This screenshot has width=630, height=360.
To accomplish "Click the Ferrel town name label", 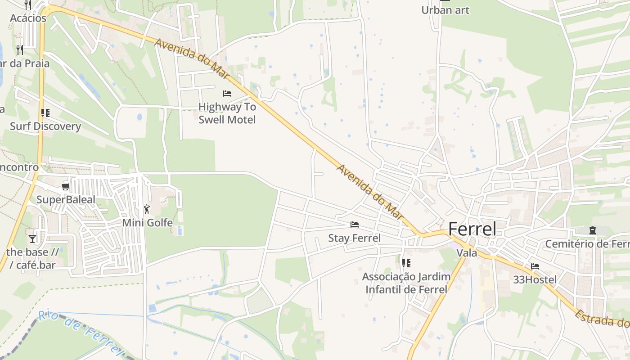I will [472, 229].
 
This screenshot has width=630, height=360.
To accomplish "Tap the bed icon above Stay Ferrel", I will [355, 224].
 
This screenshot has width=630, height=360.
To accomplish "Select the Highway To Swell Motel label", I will [227, 113].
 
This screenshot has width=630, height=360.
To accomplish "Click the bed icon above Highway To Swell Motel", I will [227, 94].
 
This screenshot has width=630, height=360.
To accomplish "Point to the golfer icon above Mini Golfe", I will [147, 209].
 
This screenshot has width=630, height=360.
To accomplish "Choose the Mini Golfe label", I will [148, 222].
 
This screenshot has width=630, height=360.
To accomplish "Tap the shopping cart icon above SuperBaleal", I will [66, 186].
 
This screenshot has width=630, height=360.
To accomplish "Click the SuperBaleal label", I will [66, 199].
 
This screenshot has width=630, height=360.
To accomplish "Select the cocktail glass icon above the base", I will [32, 238].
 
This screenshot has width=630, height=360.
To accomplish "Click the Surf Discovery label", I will [45, 126].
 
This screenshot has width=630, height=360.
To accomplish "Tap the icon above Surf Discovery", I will [45, 112].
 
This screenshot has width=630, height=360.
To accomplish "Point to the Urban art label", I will [445, 10].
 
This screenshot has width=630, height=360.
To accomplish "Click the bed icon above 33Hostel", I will [535, 266].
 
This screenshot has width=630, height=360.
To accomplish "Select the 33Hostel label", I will [535, 279].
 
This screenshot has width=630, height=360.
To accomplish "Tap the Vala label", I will [467, 253].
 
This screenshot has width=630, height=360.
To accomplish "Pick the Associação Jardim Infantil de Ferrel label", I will [406, 283].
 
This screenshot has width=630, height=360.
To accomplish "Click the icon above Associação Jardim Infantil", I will [406, 263].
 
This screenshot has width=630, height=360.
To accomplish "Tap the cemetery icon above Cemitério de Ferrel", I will [592, 230].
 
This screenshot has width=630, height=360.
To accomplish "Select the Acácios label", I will [28, 18].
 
